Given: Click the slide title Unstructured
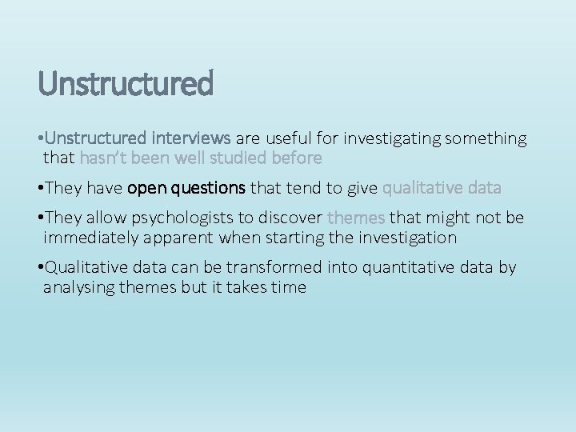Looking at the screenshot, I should point(126,83).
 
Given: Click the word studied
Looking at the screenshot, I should point(233,158).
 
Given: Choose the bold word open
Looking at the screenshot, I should point(146,188).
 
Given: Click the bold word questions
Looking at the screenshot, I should point(207,188).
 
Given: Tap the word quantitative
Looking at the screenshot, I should point(407,267).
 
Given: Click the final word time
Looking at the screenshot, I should point(288,287).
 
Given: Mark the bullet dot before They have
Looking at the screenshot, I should point(41,188).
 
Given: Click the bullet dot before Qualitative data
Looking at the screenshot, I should point(41,267).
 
